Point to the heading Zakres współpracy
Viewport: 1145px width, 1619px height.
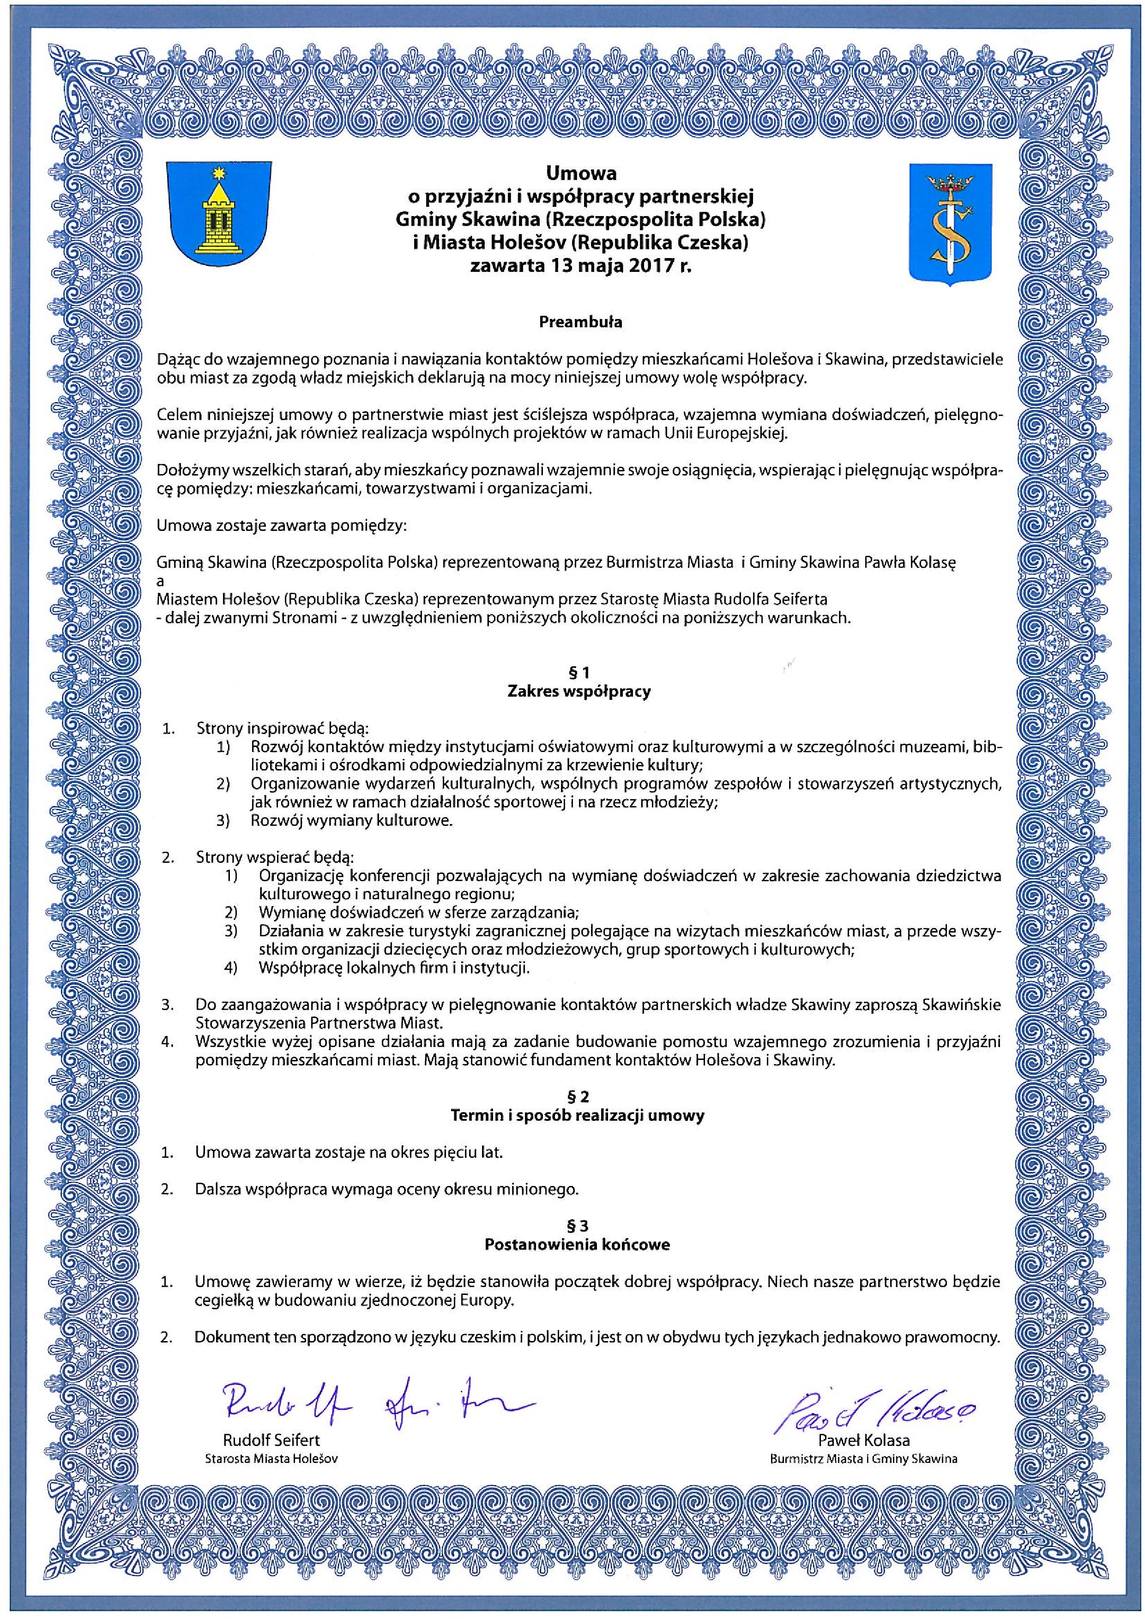pyautogui.click(x=579, y=691)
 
